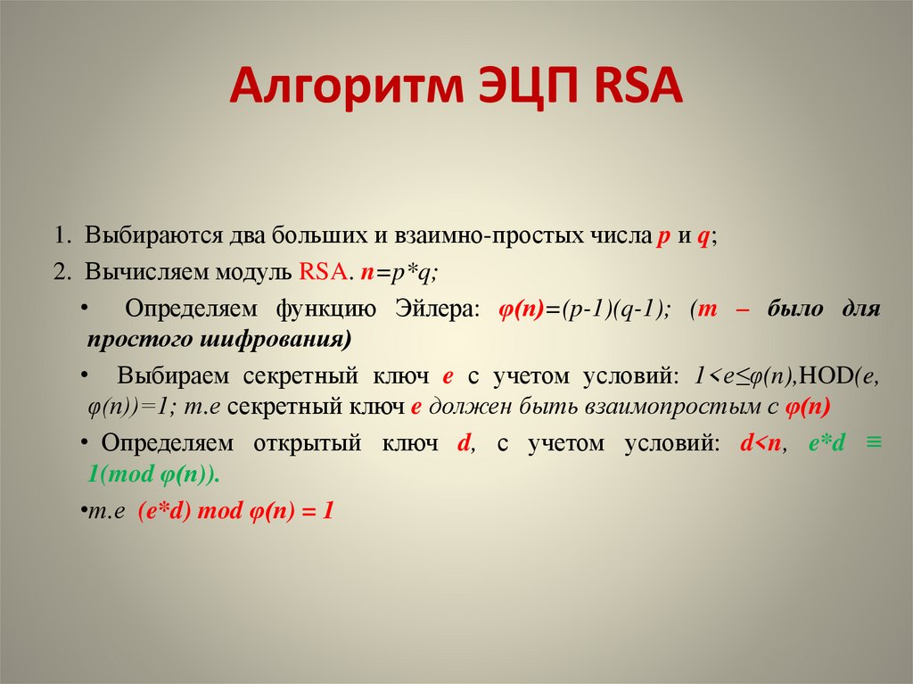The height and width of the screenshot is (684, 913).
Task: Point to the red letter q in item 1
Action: [703, 240]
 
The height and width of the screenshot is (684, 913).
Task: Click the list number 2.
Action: [62, 273]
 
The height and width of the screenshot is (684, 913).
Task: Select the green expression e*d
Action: [826, 443]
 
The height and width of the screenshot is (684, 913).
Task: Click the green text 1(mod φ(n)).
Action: [153, 475]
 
